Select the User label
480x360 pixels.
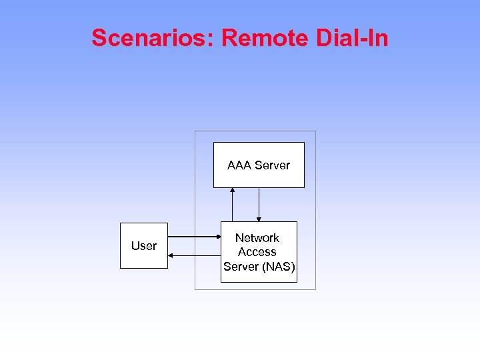(x=144, y=246)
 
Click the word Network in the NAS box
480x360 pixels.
(x=257, y=238)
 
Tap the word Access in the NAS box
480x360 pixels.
(x=257, y=252)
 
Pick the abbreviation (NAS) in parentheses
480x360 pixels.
(x=278, y=267)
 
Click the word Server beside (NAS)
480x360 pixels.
(x=241, y=267)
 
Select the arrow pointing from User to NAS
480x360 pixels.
(x=194, y=237)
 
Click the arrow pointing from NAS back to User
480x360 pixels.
(x=194, y=255)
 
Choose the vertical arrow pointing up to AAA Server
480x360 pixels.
(x=233, y=205)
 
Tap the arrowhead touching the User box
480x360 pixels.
(x=171, y=255)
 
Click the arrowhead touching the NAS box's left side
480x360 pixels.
(x=217, y=237)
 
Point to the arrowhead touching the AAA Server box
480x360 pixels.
(x=233, y=191)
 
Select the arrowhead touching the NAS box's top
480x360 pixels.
(x=259, y=219)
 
